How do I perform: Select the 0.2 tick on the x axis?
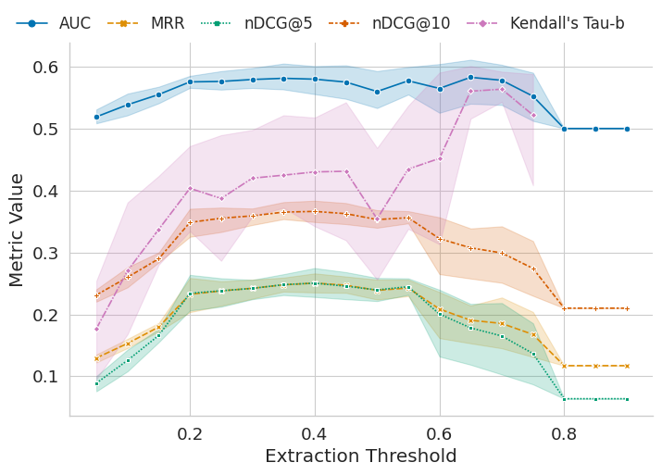tap(190, 434)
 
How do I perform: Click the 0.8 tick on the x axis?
tap(564, 434)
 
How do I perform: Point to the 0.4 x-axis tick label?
tap(315, 434)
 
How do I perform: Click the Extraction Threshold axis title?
tap(360, 456)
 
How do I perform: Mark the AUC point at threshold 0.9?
tap(627, 129)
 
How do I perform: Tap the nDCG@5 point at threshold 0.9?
tap(627, 399)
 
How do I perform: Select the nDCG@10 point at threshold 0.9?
tap(627, 308)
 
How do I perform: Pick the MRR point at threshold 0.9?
tap(627, 366)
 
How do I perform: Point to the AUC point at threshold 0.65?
tap(470, 77)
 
